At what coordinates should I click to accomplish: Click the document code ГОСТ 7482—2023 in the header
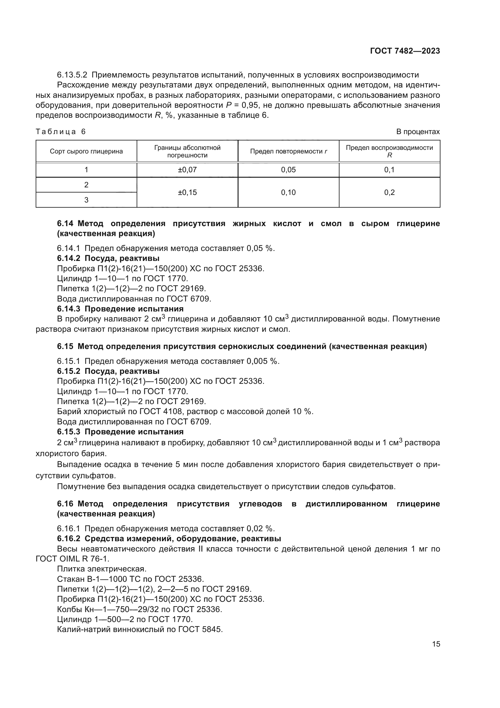click(405, 51)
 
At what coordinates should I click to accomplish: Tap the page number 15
click(436, 644)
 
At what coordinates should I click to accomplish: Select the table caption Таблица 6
click(61, 132)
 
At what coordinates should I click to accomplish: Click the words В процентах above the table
click(418, 132)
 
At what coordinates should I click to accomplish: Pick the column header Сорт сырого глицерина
click(86, 151)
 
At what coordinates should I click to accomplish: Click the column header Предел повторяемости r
click(288, 151)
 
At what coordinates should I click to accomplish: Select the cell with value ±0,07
click(187, 170)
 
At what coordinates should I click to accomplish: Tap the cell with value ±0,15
click(187, 193)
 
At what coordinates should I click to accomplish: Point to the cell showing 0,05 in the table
click(288, 170)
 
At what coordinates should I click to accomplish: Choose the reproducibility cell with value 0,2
click(389, 193)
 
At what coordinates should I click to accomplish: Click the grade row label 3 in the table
click(86, 200)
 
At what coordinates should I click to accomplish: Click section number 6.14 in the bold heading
click(65, 224)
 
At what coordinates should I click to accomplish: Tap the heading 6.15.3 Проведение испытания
click(120, 432)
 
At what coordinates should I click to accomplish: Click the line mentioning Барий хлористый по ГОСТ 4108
click(185, 412)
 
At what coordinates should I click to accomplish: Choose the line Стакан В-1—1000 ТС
click(130, 579)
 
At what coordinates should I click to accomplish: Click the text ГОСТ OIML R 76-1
click(72, 559)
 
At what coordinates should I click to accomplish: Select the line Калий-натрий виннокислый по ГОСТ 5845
click(139, 629)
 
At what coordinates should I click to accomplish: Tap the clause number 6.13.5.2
click(72, 75)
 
